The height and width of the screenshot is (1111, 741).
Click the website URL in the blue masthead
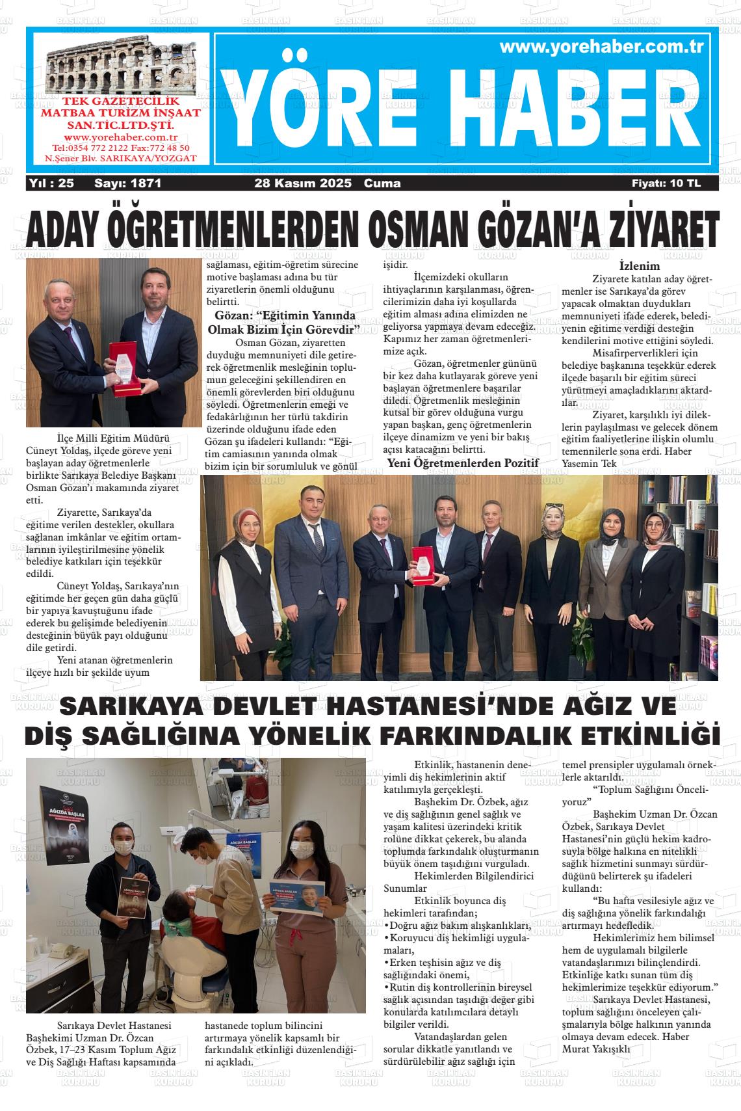pos(603,47)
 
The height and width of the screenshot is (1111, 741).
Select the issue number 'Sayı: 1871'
pos(127,183)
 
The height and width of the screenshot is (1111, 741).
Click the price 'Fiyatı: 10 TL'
pos(666,183)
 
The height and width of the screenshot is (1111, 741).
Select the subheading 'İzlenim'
pos(639,266)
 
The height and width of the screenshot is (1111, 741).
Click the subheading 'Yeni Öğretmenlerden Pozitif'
pos(463,463)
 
